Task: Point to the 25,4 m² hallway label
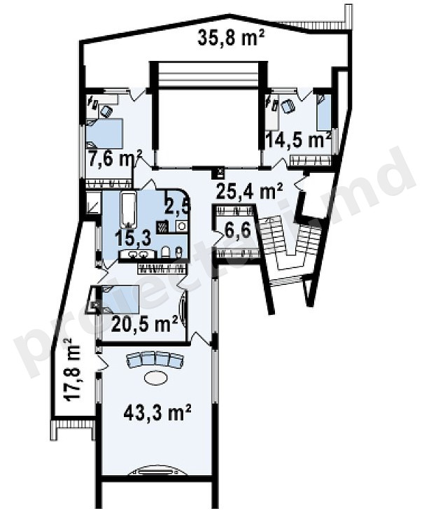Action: (249, 190)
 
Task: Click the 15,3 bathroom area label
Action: (133, 238)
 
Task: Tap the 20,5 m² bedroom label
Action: (145, 323)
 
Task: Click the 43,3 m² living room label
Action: (157, 412)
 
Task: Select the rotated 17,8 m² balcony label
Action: (71, 370)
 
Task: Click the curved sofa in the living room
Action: (155, 360)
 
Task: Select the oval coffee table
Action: (155, 378)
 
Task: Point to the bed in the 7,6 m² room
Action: (104, 134)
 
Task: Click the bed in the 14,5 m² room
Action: (324, 113)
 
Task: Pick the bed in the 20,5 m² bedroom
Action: (120, 299)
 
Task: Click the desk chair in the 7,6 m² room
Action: (106, 111)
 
